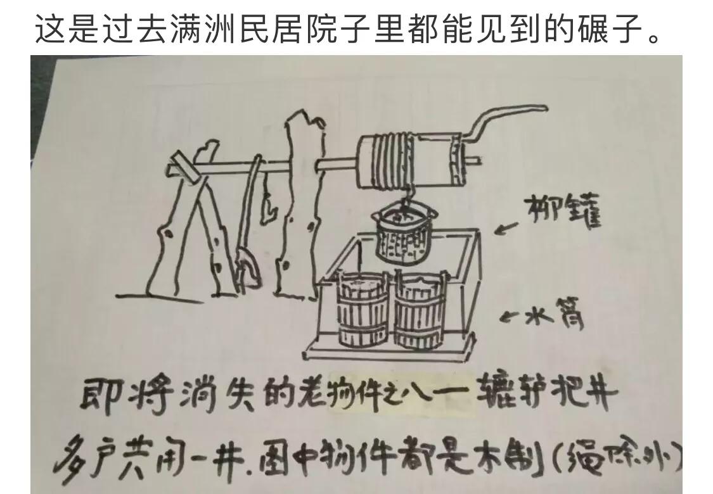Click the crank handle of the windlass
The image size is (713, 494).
pos(501,120)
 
